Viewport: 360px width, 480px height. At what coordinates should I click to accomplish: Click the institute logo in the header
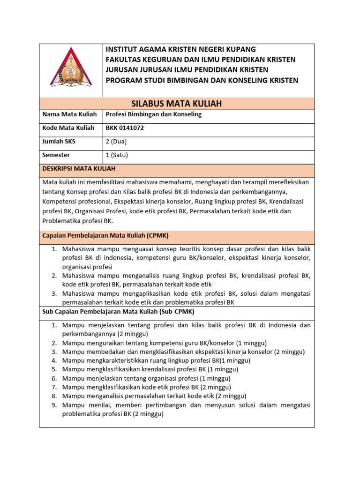[71, 67]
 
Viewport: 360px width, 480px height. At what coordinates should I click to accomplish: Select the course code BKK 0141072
[126, 127]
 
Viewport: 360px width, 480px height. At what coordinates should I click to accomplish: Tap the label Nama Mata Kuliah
[69, 114]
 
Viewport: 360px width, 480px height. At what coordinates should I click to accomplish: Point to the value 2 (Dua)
[116, 141]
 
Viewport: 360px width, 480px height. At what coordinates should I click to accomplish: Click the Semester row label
[56, 155]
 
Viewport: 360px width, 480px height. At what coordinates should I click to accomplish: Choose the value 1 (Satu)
[117, 155]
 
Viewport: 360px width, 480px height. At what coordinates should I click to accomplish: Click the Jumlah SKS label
[59, 141]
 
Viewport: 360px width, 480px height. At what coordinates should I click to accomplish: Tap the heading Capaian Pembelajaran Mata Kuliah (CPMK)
[105, 235]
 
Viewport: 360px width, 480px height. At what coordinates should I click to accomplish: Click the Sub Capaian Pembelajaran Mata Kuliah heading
[118, 311]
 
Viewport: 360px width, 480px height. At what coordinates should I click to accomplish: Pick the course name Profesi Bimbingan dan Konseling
[153, 114]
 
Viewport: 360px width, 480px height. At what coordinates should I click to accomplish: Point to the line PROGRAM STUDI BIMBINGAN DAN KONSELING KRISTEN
[202, 80]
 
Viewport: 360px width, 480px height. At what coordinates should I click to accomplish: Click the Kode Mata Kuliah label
[68, 127]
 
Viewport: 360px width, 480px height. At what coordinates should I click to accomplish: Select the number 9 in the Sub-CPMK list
[54, 405]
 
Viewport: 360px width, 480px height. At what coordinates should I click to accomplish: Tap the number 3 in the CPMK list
[54, 293]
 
